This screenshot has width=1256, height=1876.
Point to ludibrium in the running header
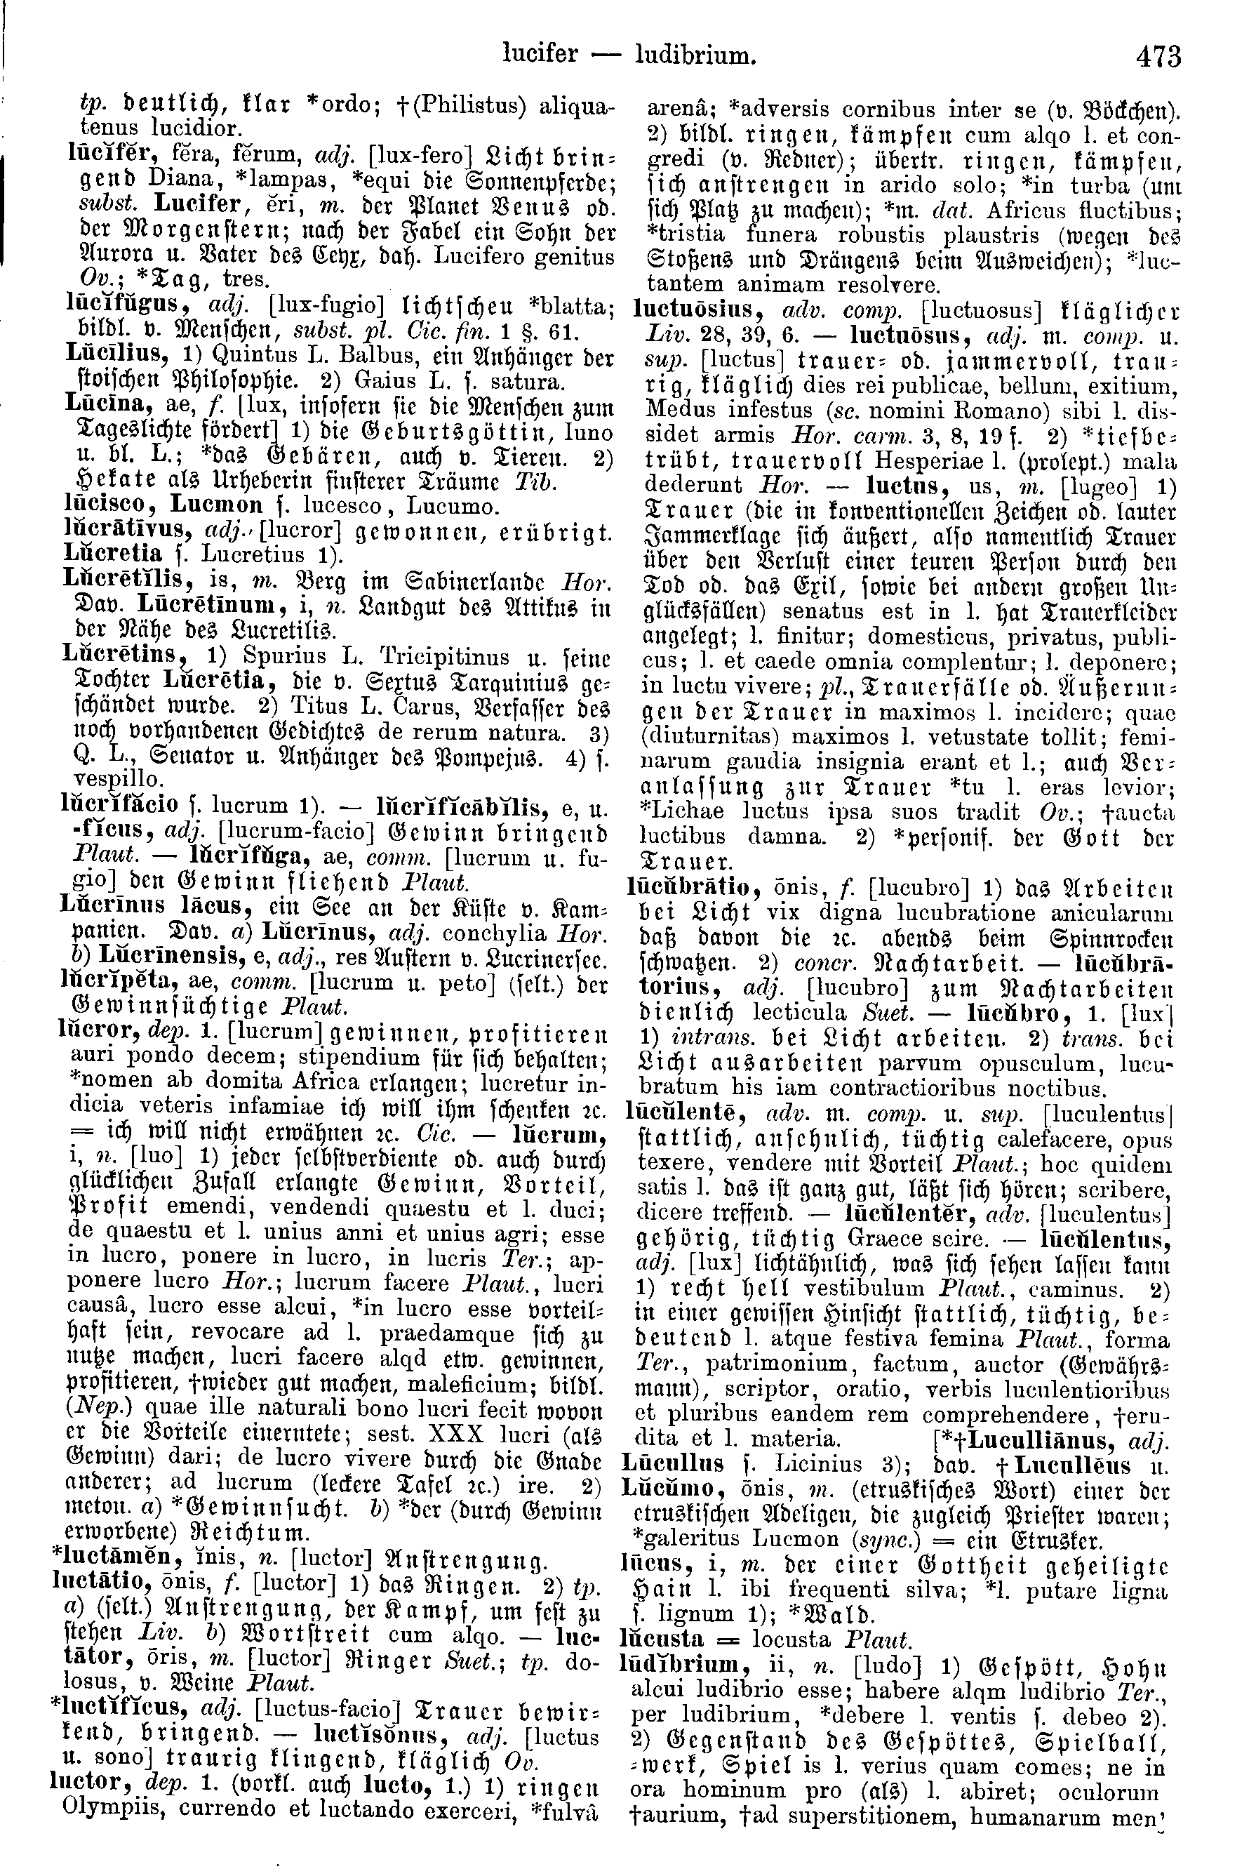[695, 55]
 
